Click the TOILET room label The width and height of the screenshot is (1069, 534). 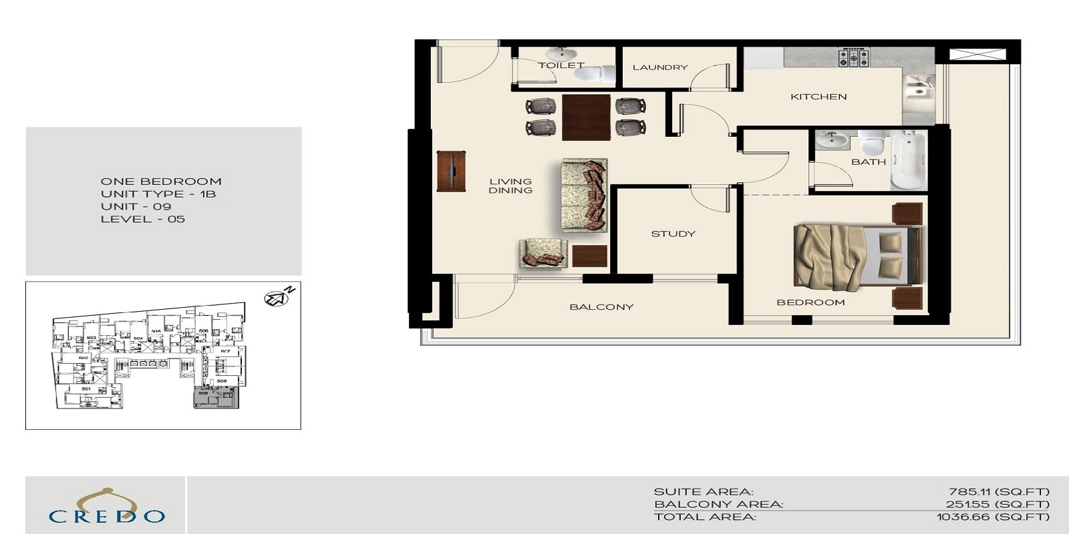tap(561, 65)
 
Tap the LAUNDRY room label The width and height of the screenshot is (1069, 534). tap(659, 67)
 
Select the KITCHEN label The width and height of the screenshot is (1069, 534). tap(818, 97)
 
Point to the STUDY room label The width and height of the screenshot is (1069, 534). tap(673, 234)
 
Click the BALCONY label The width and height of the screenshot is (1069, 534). tap(601, 307)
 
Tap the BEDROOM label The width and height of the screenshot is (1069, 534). tap(810, 302)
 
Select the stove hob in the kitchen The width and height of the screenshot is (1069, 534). tap(853, 57)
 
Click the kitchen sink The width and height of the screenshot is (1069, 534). tap(918, 90)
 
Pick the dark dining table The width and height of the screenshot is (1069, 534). tap(586, 117)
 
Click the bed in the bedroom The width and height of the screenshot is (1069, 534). tap(855, 258)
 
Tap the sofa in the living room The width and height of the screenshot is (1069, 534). tap(585, 195)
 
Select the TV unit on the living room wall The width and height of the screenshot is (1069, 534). tap(451, 172)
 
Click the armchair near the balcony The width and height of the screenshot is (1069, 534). tap(543, 254)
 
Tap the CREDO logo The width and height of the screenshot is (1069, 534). tap(106, 507)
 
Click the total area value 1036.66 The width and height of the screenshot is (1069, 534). tap(993, 517)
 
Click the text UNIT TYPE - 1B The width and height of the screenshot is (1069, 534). tap(158, 194)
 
